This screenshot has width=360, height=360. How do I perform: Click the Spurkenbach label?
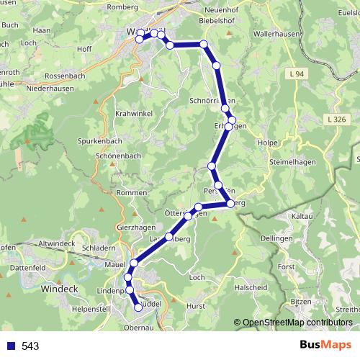[x=100, y=141]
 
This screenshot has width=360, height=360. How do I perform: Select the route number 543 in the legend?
[x=30, y=346]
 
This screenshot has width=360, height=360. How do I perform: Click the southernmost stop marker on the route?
[x=138, y=307]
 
